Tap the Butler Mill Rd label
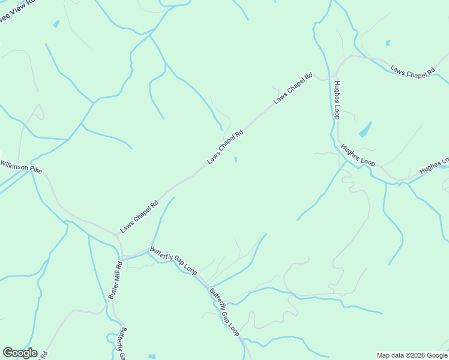[x=114, y=280]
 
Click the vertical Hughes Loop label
[x=337, y=99]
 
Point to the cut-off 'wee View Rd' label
[x=18, y=10]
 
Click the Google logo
[x=20, y=353]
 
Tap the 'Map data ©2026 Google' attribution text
[x=412, y=355]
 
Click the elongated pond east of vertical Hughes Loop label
[x=364, y=129]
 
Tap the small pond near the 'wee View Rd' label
[x=56, y=24]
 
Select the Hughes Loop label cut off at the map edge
[x=434, y=167]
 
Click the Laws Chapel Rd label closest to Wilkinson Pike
[x=139, y=216]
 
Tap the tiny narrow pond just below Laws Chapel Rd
[x=235, y=160]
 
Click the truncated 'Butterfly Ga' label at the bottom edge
[x=122, y=343]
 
